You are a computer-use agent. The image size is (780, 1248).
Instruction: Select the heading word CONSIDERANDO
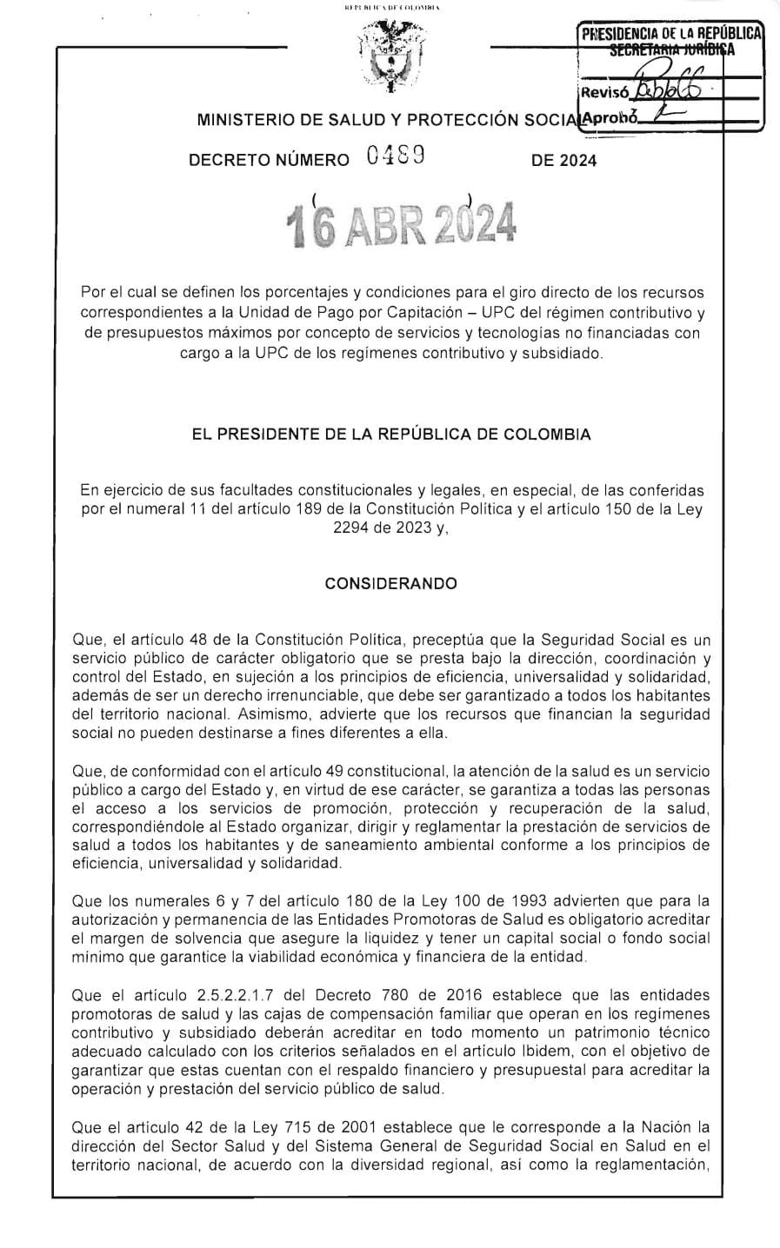click(x=390, y=583)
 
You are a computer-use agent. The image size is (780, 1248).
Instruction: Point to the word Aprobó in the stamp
click(x=611, y=117)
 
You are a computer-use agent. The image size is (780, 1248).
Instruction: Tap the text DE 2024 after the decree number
click(x=563, y=161)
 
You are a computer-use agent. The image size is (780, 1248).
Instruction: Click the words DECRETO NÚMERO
click(x=269, y=161)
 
